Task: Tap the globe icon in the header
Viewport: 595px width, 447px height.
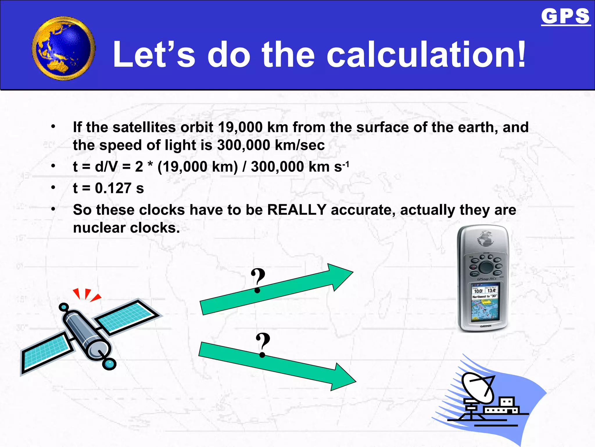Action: click(x=63, y=48)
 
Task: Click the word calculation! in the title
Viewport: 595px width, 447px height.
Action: click(x=426, y=55)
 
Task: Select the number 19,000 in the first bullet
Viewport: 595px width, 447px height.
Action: click(x=240, y=127)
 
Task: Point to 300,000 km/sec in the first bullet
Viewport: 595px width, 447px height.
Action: click(x=271, y=145)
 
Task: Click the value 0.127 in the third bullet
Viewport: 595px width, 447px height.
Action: click(x=113, y=188)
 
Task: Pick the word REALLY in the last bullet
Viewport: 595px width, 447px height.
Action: click(x=297, y=210)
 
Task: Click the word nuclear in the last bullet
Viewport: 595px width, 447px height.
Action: click(x=99, y=228)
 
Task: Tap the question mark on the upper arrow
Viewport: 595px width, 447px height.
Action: click(x=258, y=280)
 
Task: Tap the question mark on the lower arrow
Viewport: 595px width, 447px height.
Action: click(x=263, y=344)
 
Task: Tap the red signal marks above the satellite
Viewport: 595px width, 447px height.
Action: click(x=87, y=295)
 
